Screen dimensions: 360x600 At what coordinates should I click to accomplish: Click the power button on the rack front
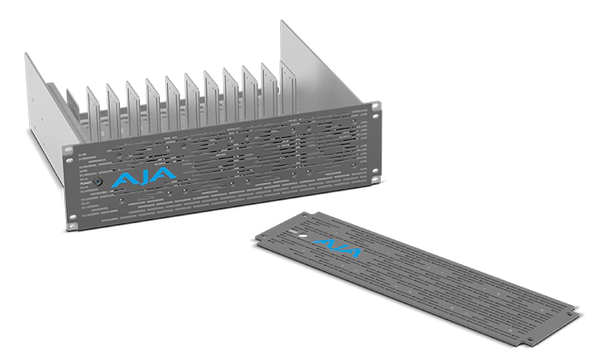coord(97,181)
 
